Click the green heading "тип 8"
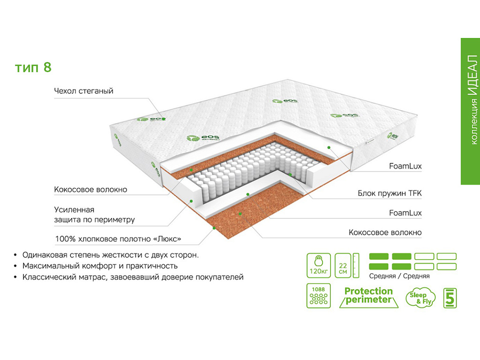[33, 67]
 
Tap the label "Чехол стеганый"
[83, 91]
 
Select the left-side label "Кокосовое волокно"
[90, 190]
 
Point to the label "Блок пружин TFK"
[390, 193]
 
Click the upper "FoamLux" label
[405, 166]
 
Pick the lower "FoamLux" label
[405, 213]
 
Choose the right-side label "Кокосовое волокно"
[385, 232]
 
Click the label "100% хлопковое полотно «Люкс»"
[118, 239]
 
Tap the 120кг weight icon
[318, 266]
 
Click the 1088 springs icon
[318, 295]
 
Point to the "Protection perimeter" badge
[368, 296]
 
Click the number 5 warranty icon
[450, 297]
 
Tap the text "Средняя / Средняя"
[399, 276]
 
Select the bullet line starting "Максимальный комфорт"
[100, 266]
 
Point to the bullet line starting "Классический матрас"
[133, 277]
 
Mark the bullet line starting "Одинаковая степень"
[111, 255]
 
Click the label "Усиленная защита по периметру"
[94, 215]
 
